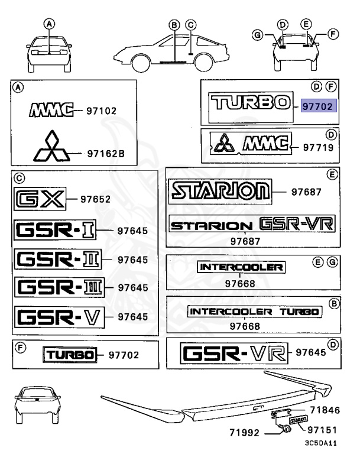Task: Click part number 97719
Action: pyautogui.click(x=319, y=145)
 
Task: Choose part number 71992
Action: pyautogui.click(x=245, y=433)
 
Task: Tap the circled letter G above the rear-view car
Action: pyautogui.click(x=257, y=35)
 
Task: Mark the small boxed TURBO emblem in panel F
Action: pyautogui.click(x=69, y=355)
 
